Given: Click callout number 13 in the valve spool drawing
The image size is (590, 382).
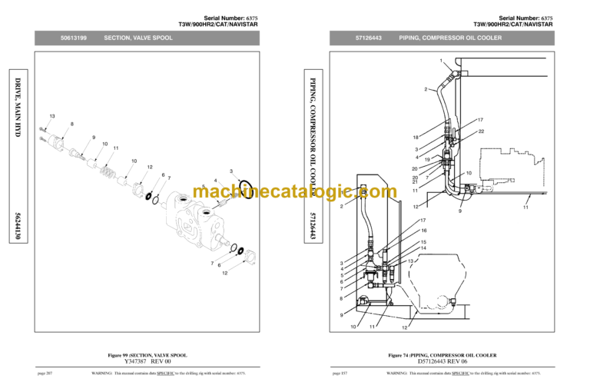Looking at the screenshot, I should (x=52, y=116).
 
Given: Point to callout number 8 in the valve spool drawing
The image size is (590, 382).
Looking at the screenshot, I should (x=71, y=125).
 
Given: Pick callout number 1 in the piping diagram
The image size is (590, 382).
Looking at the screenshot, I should (x=441, y=61).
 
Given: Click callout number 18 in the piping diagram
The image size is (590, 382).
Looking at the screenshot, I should (x=415, y=138).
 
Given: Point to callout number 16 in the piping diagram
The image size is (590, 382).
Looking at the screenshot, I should (x=423, y=231).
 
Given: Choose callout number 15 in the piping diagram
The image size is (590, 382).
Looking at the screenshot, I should (x=423, y=241).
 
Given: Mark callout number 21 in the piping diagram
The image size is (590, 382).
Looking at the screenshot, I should (x=415, y=181).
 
